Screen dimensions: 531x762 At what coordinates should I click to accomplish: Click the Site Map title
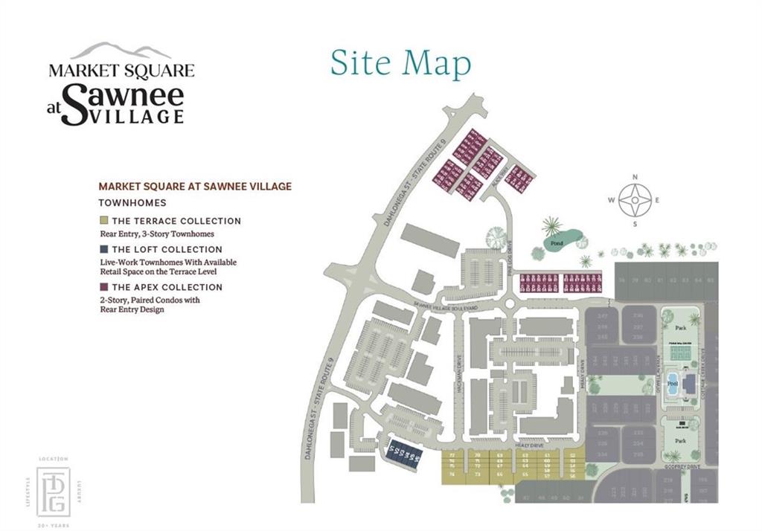pos(400,64)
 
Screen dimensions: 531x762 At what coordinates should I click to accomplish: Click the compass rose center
pos(635,199)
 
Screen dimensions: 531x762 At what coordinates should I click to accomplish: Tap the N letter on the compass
pos(635,177)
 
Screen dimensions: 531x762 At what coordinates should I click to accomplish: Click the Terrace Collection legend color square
pos(103,221)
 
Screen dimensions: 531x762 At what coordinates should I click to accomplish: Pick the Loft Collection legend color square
pos(103,249)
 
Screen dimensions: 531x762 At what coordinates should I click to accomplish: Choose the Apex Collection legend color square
pos(103,287)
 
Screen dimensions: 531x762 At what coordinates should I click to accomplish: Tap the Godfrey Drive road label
pos(684,466)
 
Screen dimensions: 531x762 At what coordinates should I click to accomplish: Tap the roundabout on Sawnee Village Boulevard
pos(509,303)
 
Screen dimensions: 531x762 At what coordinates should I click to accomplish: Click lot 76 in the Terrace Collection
pos(452,461)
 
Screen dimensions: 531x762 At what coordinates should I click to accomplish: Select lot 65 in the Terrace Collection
pos(525,474)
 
